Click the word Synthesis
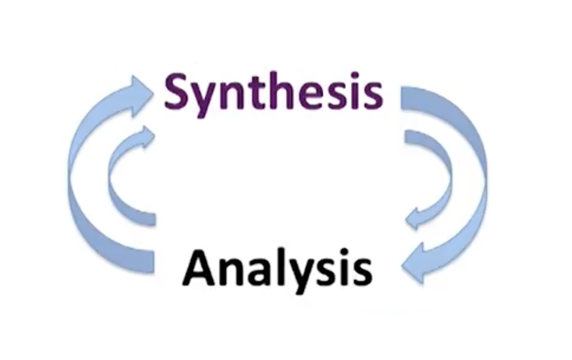[x=273, y=93]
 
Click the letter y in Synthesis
[x=204, y=101]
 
